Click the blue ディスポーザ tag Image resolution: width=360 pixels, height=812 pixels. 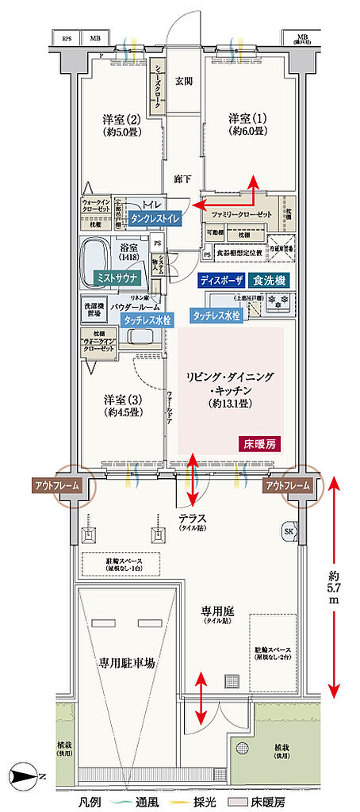click(x=221, y=280)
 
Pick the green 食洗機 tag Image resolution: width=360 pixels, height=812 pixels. click(x=271, y=280)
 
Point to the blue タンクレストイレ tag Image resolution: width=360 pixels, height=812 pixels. click(x=155, y=217)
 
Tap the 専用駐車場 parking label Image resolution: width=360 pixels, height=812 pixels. click(x=126, y=661)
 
